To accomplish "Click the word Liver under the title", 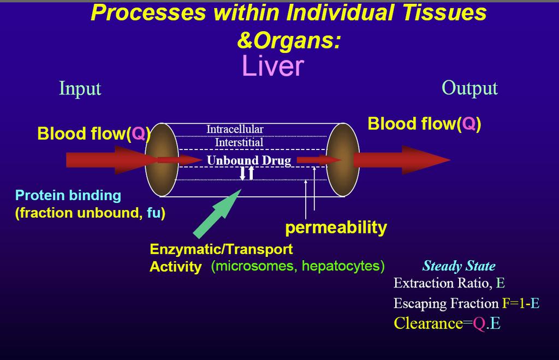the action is [x=273, y=66].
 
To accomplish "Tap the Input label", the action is [x=80, y=88].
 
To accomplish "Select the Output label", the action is [x=469, y=88].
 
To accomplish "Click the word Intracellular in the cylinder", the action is [x=235, y=129].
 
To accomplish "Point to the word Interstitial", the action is [x=239, y=142].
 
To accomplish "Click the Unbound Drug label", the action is [x=249, y=160].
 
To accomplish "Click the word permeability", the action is [x=336, y=227].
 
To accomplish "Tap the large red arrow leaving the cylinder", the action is [x=402, y=160].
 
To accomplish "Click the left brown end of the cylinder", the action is [x=162, y=160].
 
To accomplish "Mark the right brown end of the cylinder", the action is [x=343, y=160].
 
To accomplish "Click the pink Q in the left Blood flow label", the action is [x=138, y=134].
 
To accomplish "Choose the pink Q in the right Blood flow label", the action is [x=468, y=124].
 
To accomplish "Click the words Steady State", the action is [x=459, y=266].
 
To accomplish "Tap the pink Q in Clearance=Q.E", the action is [x=479, y=323].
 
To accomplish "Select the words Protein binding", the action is [x=68, y=195].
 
